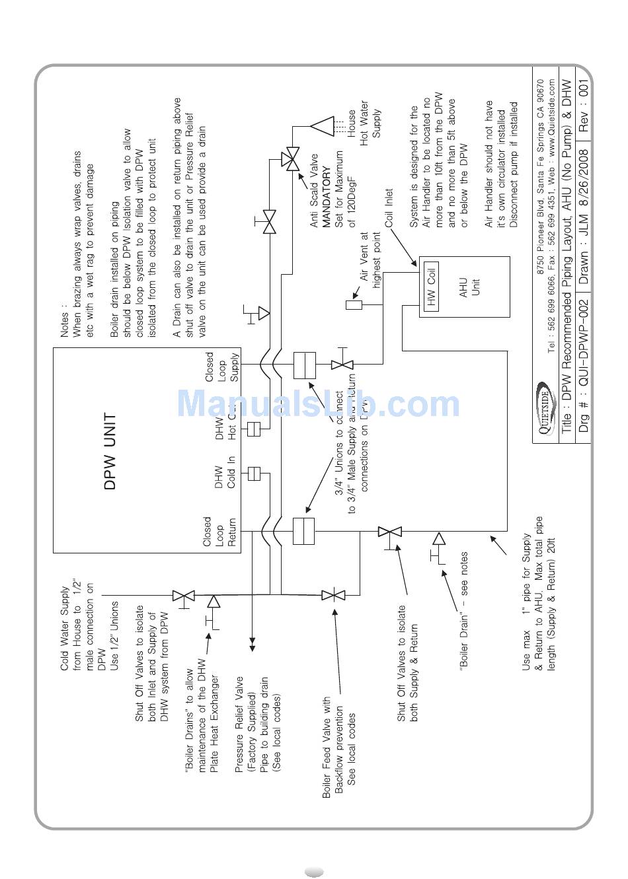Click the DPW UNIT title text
(110, 452)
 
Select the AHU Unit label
(469, 287)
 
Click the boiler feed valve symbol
(333, 595)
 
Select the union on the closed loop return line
(303, 531)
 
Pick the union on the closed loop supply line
(304, 365)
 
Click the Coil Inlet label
(389, 208)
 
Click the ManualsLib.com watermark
(319, 404)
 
